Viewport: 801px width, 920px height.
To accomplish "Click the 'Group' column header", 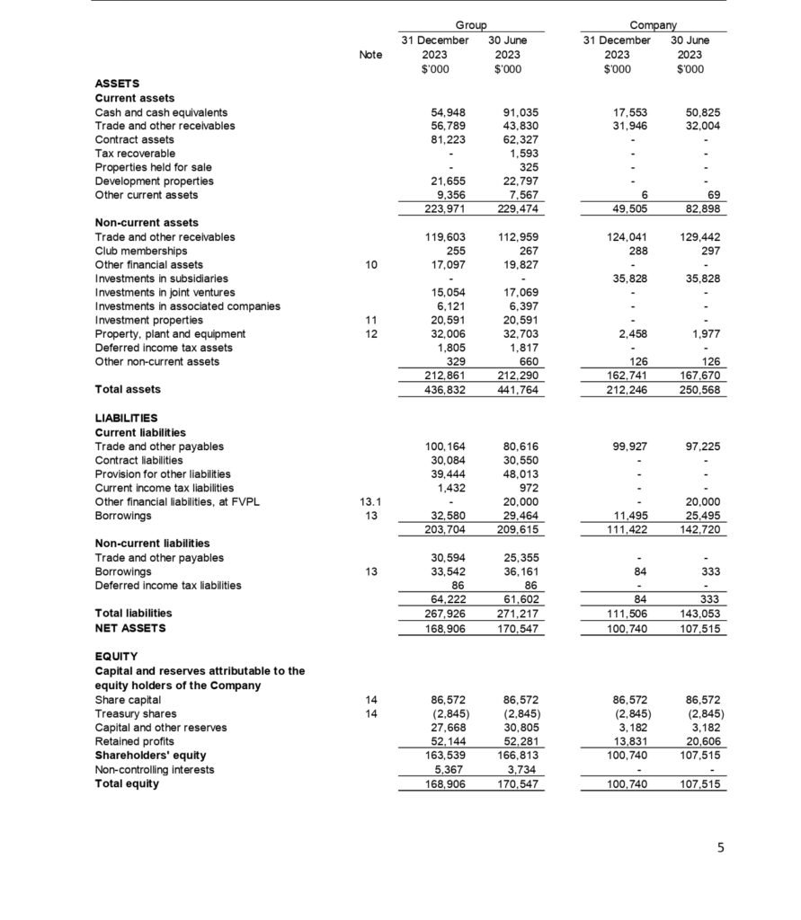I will click(x=471, y=26).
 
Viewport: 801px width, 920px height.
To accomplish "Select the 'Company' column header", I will click(x=654, y=26).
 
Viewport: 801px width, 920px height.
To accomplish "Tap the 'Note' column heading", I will click(x=370, y=54).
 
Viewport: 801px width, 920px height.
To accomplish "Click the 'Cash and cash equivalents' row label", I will click(x=161, y=112).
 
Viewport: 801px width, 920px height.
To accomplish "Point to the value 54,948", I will click(x=449, y=112).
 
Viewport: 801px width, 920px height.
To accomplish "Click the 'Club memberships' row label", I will click(x=141, y=252).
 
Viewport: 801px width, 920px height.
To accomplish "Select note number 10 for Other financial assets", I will click(x=370, y=265).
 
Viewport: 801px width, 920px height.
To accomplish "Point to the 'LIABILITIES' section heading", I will click(x=126, y=418).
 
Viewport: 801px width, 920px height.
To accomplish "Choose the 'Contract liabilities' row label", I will click(x=147, y=460).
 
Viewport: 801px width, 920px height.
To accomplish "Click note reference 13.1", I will click(x=370, y=501).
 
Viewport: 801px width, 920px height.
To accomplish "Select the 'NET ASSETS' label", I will click(x=130, y=628).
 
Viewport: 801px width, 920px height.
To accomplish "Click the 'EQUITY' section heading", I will click(x=116, y=656).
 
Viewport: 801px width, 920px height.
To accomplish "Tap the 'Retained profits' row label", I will click(x=134, y=741).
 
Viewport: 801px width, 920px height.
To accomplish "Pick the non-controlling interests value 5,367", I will click(x=449, y=770).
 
